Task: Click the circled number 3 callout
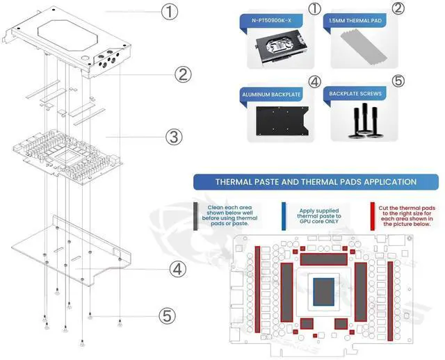[175, 138]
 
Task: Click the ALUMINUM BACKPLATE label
[271, 92]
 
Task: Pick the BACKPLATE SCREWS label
[355, 92]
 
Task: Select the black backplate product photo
[277, 122]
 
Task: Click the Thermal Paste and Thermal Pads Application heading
[316, 182]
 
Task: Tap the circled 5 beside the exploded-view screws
[165, 316]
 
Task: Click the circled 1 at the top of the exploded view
[170, 12]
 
